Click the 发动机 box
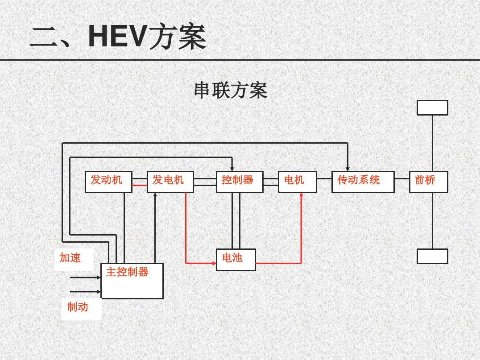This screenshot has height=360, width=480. (108, 182)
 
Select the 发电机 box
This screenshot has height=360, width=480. (170, 182)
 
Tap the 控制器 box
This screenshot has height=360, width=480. (240, 182)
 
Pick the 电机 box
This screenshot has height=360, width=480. (297, 182)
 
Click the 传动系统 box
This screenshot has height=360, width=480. (363, 182)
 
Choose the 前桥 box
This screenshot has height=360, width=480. (428, 182)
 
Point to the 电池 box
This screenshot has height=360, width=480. (236, 260)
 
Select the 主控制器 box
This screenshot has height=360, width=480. (132, 281)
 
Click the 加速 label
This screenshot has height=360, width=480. (70, 258)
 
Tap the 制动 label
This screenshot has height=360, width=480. (78, 307)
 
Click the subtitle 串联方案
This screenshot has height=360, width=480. (231, 91)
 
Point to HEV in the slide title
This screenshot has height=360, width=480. (117, 37)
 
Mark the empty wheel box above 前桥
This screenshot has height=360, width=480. (432, 108)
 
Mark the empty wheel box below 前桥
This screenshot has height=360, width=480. (432, 256)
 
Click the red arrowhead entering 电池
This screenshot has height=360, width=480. (214, 263)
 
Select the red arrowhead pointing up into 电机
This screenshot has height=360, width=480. (302, 195)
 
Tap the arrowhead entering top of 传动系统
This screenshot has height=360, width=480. (348, 169)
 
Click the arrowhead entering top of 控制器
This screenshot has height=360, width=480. (232, 169)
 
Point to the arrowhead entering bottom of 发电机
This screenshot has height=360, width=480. (155, 195)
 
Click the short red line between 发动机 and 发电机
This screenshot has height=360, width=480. (140, 185)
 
